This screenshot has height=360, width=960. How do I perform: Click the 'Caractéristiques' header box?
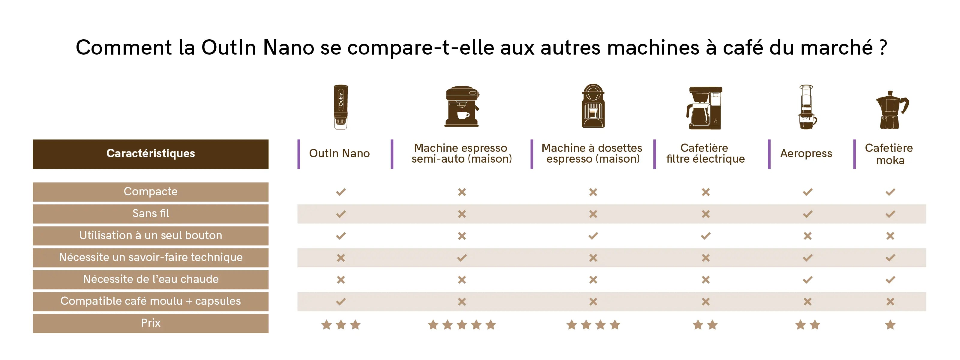(x=151, y=154)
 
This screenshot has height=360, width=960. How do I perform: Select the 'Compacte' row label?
(x=151, y=192)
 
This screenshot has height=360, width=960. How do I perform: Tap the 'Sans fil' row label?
(x=151, y=214)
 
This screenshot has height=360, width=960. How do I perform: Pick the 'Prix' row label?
(x=151, y=323)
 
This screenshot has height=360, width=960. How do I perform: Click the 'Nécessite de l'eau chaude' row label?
(x=151, y=279)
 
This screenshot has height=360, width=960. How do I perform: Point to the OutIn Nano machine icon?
(x=340, y=107)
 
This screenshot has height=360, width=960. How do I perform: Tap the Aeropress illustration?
(x=807, y=107)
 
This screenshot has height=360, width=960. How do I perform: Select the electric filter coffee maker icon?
(x=704, y=108)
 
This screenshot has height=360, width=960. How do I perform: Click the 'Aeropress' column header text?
(x=806, y=153)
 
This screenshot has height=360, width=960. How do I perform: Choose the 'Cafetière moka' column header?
(x=889, y=154)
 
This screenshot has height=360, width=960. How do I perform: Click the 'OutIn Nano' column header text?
(x=339, y=153)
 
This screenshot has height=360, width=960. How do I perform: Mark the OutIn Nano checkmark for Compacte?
(x=340, y=192)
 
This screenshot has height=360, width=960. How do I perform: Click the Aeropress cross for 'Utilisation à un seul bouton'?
(x=808, y=236)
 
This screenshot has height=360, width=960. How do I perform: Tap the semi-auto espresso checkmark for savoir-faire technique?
(x=462, y=257)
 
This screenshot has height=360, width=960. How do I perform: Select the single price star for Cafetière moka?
(x=890, y=325)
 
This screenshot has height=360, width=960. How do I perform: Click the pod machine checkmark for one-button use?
(x=593, y=236)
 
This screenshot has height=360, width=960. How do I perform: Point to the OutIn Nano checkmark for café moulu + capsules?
(x=340, y=301)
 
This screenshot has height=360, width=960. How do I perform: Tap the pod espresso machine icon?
(x=593, y=106)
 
